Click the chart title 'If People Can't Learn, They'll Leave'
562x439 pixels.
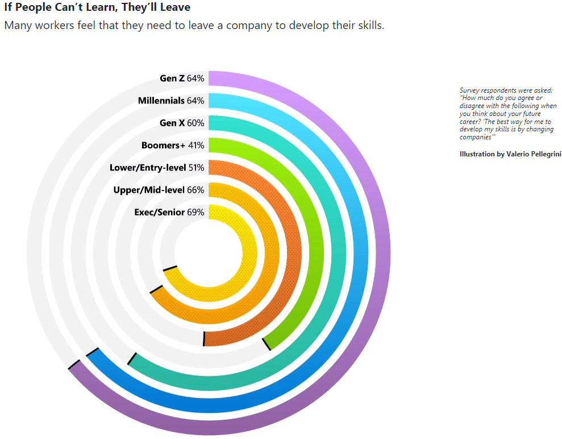97,8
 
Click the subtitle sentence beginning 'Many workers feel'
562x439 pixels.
194,26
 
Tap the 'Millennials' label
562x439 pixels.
161,101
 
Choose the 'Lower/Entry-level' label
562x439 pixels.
147,168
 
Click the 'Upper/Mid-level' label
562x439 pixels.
149,190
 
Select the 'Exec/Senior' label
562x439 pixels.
159,212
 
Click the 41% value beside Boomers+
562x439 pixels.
196,145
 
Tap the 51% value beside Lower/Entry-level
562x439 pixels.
196,168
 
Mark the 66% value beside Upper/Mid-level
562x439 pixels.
195,190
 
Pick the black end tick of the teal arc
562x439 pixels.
132,358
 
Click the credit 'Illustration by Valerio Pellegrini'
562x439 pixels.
510,154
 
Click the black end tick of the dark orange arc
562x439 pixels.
203,338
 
